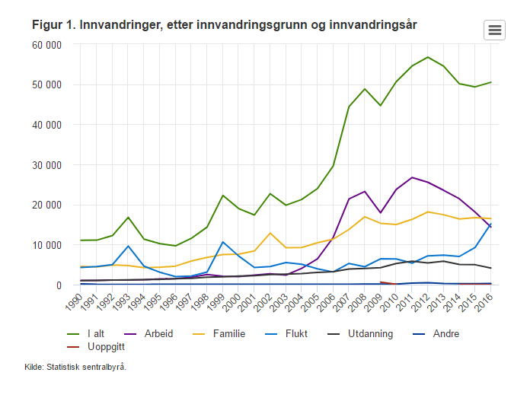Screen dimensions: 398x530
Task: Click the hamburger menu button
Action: point(494,30)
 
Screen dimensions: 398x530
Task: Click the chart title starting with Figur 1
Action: point(224,26)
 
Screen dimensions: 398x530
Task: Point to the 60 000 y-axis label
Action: point(46,45)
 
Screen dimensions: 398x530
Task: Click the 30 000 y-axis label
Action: point(46,165)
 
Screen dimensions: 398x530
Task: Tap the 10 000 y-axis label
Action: point(46,245)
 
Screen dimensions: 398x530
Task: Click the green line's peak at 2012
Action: point(428,57)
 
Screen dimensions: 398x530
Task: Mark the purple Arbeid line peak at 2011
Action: point(412,177)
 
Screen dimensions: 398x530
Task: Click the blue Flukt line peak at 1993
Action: point(129,246)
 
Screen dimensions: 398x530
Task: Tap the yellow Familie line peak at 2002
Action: point(270,233)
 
